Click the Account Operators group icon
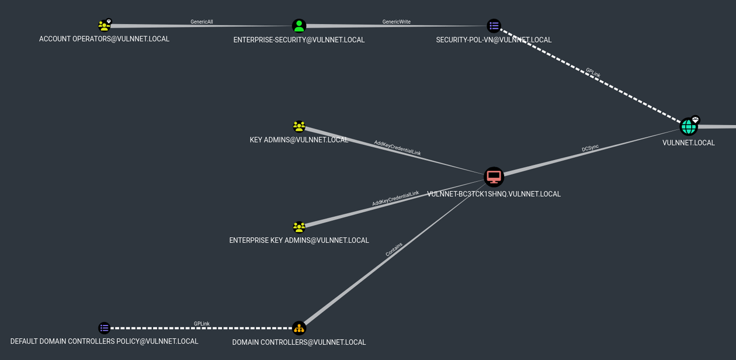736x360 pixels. point(104,26)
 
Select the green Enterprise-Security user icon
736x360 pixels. point(299,26)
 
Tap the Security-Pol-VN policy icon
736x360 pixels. point(494,26)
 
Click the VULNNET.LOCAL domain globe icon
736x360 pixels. point(688,127)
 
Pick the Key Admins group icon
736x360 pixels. point(299,126)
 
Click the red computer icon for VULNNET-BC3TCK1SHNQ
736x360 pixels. point(494,176)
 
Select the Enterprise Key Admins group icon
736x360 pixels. point(299,227)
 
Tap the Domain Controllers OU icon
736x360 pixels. point(299,328)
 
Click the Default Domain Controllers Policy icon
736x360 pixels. point(104,328)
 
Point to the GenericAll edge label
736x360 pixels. point(202,22)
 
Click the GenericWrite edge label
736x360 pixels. point(396,22)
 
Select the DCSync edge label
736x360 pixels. point(590,148)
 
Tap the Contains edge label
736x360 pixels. point(394,250)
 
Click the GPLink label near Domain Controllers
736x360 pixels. point(202,324)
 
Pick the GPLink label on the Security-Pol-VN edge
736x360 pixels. point(593,73)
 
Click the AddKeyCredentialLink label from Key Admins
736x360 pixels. point(397,148)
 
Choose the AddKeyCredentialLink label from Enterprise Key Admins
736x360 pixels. point(395,199)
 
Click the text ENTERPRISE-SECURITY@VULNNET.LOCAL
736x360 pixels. point(299,40)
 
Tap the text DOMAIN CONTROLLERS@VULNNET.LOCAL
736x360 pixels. point(299,342)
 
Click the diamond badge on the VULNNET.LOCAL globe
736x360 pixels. point(695,120)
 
